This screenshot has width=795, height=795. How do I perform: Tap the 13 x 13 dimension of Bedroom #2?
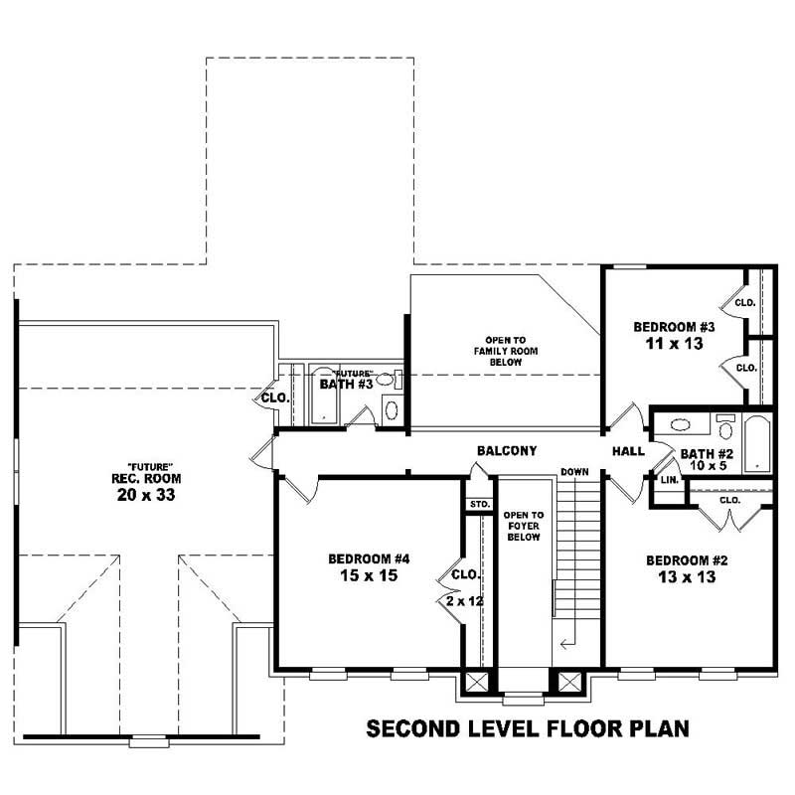(x=686, y=577)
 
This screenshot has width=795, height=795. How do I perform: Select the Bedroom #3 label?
(x=675, y=326)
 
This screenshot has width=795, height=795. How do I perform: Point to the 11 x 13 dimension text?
(x=675, y=343)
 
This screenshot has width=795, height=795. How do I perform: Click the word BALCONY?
(x=507, y=451)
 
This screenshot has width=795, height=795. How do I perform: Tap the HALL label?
(x=628, y=451)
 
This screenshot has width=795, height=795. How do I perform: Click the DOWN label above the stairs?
(x=574, y=471)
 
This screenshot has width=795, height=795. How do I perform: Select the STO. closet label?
(x=479, y=504)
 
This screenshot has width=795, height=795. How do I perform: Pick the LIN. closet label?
(x=670, y=479)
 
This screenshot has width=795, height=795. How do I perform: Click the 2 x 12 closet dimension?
(x=465, y=601)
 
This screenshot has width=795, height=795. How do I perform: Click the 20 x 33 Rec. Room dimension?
(x=151, y=494)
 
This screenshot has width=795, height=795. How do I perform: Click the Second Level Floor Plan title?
(x=528, y=729)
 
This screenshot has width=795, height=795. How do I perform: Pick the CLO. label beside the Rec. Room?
(x=273, y=397)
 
